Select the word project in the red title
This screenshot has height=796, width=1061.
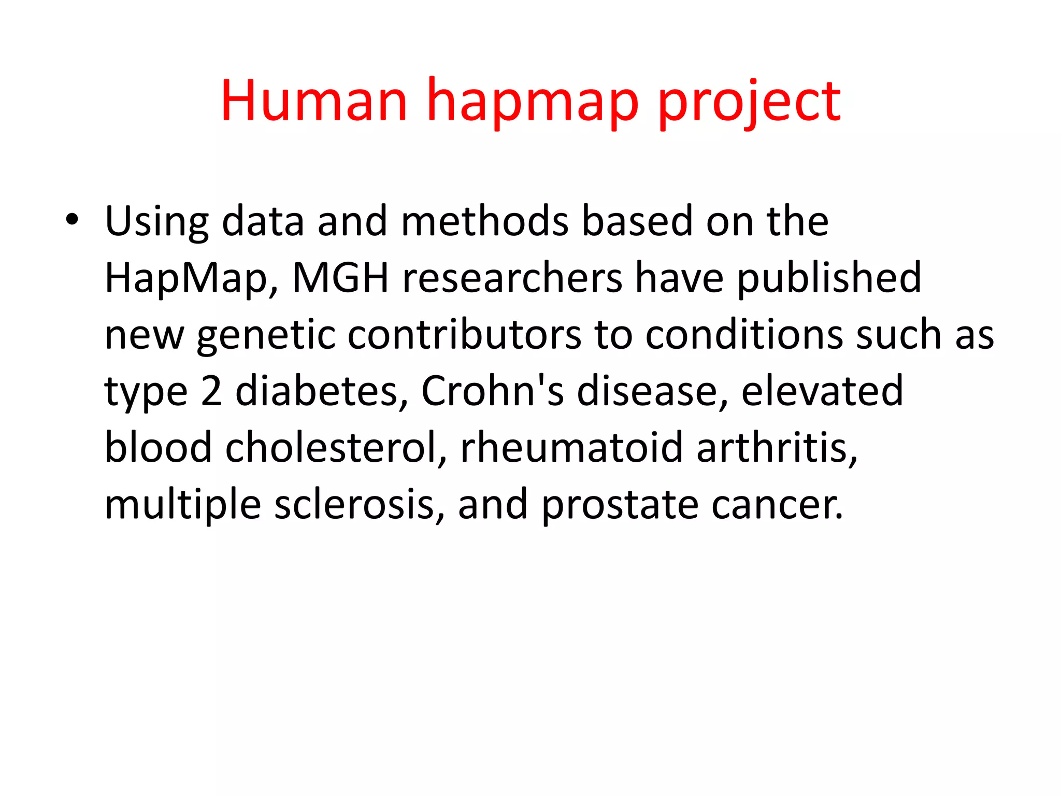749,104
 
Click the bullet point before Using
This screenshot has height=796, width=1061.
72,221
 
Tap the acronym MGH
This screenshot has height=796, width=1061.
340,278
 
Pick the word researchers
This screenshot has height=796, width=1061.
512,278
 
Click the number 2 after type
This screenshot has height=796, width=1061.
211,391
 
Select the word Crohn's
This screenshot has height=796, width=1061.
492,391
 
